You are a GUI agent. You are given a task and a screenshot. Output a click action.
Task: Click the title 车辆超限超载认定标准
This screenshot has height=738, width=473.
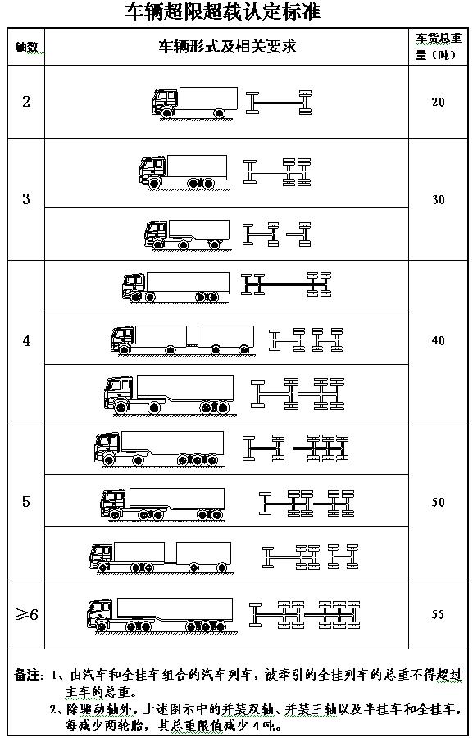(222, 11)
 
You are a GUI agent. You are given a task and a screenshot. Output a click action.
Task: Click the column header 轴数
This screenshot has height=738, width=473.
(26, 48)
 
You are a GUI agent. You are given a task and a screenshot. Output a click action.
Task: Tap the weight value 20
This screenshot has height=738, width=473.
(439, 102)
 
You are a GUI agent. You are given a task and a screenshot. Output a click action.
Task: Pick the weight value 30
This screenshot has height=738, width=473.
(439, 199)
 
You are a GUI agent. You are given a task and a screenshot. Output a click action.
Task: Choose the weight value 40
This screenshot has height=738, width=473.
(439, 340)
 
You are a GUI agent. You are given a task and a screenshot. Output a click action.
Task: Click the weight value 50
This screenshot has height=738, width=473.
(439, 502)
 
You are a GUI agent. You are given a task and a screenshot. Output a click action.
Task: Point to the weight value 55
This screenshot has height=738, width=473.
(439, 615)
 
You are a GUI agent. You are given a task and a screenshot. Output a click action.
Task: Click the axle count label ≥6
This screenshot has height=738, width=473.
(27, 615)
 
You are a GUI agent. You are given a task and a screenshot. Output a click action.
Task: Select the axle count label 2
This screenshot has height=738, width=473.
(26, 102)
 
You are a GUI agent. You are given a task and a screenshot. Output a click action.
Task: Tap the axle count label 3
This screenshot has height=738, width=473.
(26, 199)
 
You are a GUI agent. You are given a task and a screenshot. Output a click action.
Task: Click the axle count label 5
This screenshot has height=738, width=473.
(26, 502)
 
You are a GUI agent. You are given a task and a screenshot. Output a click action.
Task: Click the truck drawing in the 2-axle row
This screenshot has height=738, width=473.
(194, 102)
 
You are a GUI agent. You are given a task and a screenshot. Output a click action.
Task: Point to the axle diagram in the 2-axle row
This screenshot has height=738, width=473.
(279, 102)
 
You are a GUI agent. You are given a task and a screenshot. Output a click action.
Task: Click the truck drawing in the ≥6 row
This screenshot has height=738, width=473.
(160, 616)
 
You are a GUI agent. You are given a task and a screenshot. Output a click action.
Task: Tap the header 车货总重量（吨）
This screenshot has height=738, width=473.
(438, 47)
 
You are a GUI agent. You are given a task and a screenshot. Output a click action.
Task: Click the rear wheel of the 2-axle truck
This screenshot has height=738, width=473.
(219, 113)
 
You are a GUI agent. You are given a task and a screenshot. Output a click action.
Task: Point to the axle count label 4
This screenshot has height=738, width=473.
(26, 341)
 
